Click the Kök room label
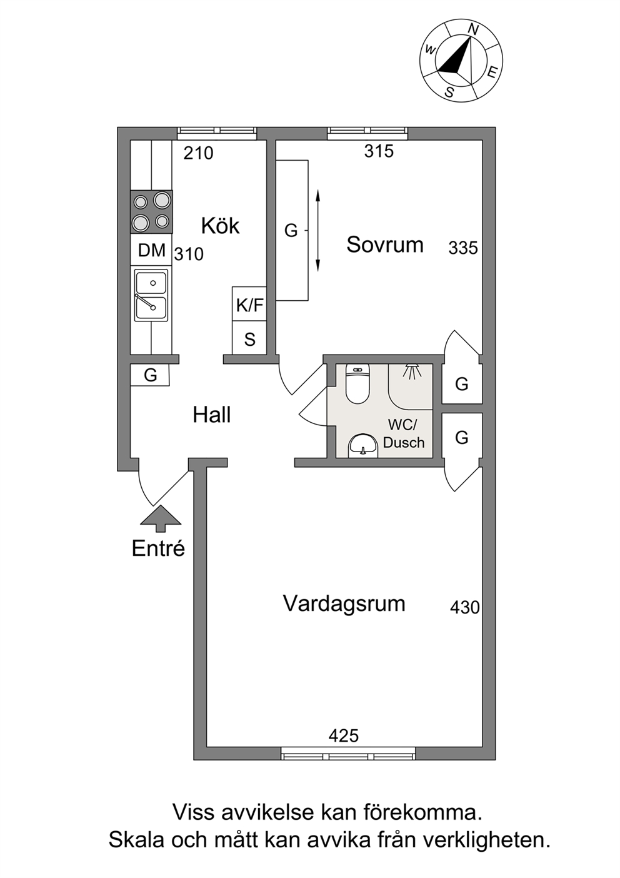pyautogui.click(x=220, y=226)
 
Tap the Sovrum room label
pyautogui.click(x=385, y=245)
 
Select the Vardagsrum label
pyautogui.click(x=344, y=603)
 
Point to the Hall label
pyautogui.click(x=212, y=415)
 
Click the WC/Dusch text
pyautogui.click(x=404, y=433)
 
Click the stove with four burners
pyautogui.click(x=151, y=211)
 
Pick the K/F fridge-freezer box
pyautogui.click(x=249, y=304)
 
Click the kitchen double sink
pyautogui.click(x=151, y=295)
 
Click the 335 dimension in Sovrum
pyautogui.click(x=463, y=248)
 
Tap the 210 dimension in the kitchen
pyautogui.click(x=199, y=153)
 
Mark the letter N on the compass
pyautogui.click(x=474, y=29)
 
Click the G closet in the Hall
pyautogui.click(x=150, y=375)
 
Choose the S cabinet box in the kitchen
pyautogui.click(x=249, y=338)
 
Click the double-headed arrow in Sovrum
pyautogui.click(x=317, y=231)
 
